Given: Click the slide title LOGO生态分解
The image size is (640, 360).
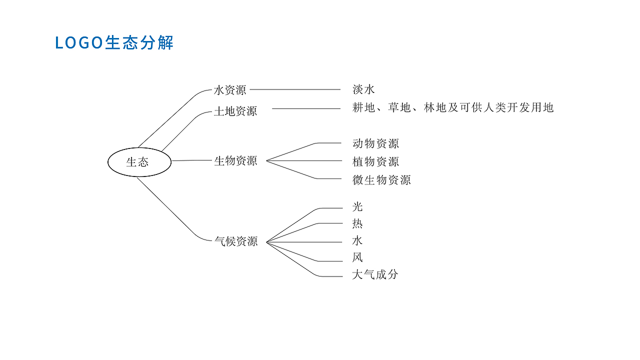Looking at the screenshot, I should (114, 43).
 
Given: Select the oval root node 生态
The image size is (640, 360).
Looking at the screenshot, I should (139, 162).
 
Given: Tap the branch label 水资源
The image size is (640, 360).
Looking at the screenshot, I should (230, 90).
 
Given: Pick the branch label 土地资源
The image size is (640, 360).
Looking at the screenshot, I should (235, 111).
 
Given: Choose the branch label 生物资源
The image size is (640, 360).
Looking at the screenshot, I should (235, 161).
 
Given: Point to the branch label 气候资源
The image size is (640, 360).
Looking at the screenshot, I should (235, 241).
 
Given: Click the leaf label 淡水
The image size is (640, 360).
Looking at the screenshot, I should (363, 90).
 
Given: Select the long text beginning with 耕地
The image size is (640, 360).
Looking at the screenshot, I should (453, 107).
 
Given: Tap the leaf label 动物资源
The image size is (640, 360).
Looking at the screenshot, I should (375, 144).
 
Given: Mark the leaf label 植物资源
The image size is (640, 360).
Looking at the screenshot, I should (375, 162).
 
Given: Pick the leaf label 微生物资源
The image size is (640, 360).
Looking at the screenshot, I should (381, 180).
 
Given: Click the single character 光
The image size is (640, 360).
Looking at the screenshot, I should (357, 207).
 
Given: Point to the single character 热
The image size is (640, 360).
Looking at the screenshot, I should (357, 223).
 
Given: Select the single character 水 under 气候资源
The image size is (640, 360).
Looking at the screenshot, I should (357, 241).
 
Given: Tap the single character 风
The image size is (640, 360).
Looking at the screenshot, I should (357, 258).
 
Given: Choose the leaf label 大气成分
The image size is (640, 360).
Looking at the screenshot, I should (375, 274).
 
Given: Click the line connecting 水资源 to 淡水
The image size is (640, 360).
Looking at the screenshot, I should (295, 90).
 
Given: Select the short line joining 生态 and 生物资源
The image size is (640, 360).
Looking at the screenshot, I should (192, 160).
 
